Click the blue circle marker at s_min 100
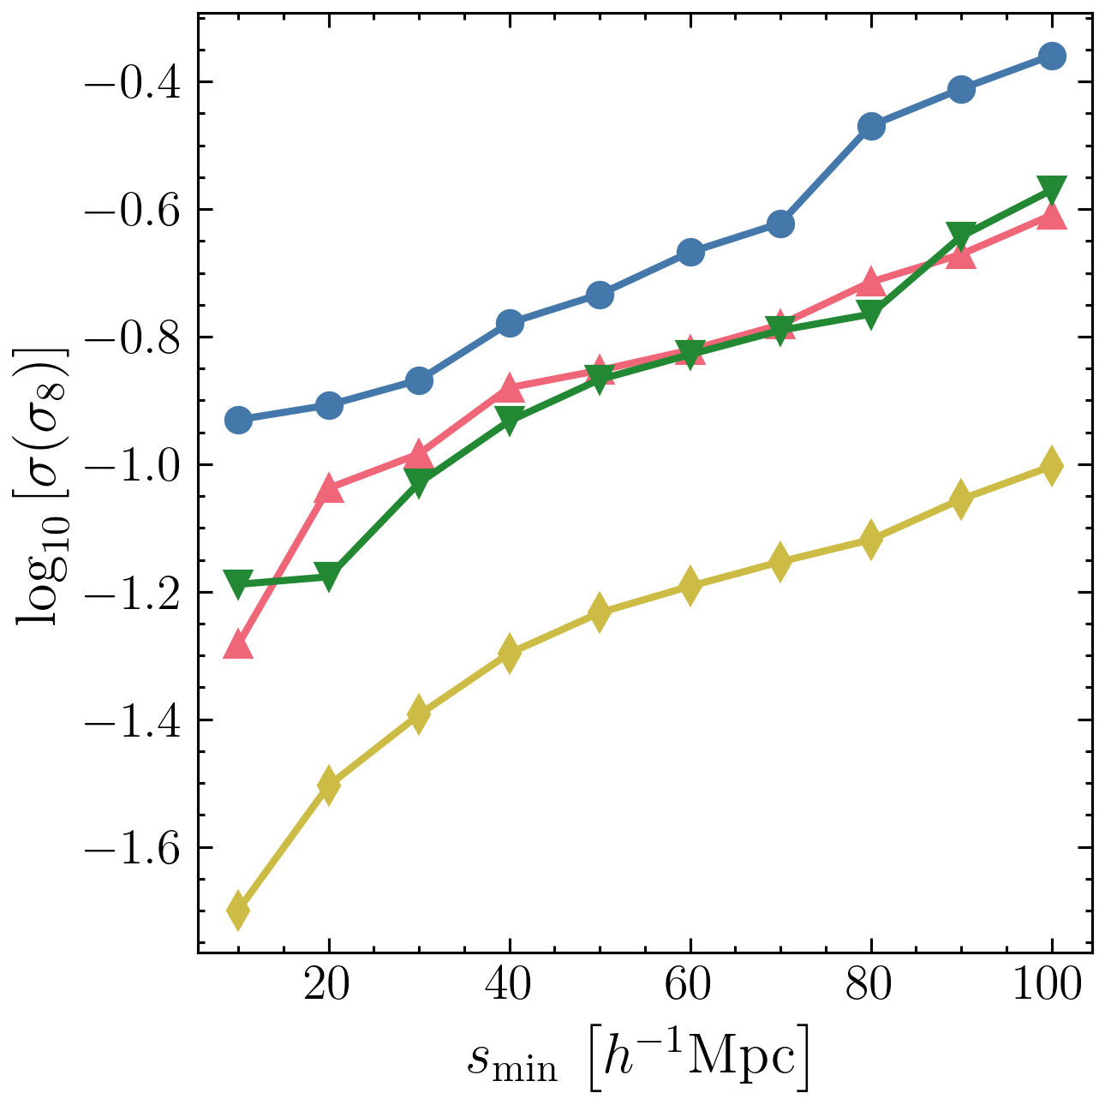1051,56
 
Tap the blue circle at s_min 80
870,127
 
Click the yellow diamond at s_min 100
1051,466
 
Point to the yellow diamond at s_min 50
600,612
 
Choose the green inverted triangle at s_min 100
1051,189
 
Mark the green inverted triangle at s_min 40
510,420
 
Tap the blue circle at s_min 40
510,323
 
